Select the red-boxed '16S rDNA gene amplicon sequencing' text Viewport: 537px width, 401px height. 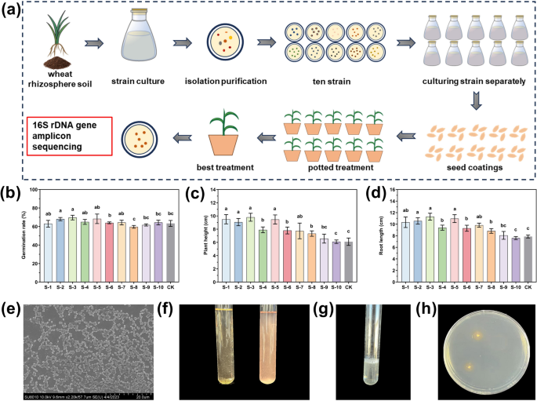click(64, 130)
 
